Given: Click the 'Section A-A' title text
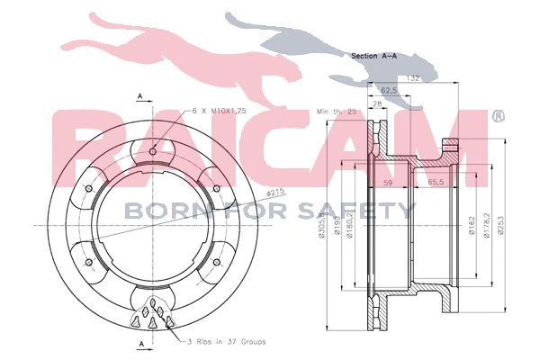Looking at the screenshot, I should coord(376,56).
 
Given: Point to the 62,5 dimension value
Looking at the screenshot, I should coord(390,91).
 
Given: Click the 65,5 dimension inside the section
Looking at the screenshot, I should coord(436,183).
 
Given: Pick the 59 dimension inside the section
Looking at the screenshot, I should coord(389,183).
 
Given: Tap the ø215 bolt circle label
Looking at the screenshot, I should coord(276,192).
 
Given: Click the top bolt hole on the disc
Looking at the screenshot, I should coord(155,150).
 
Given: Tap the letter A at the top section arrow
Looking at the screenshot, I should coord(139,95).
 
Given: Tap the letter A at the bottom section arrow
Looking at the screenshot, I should coord(139,345).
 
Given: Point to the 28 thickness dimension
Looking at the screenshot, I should coord(375,105).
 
